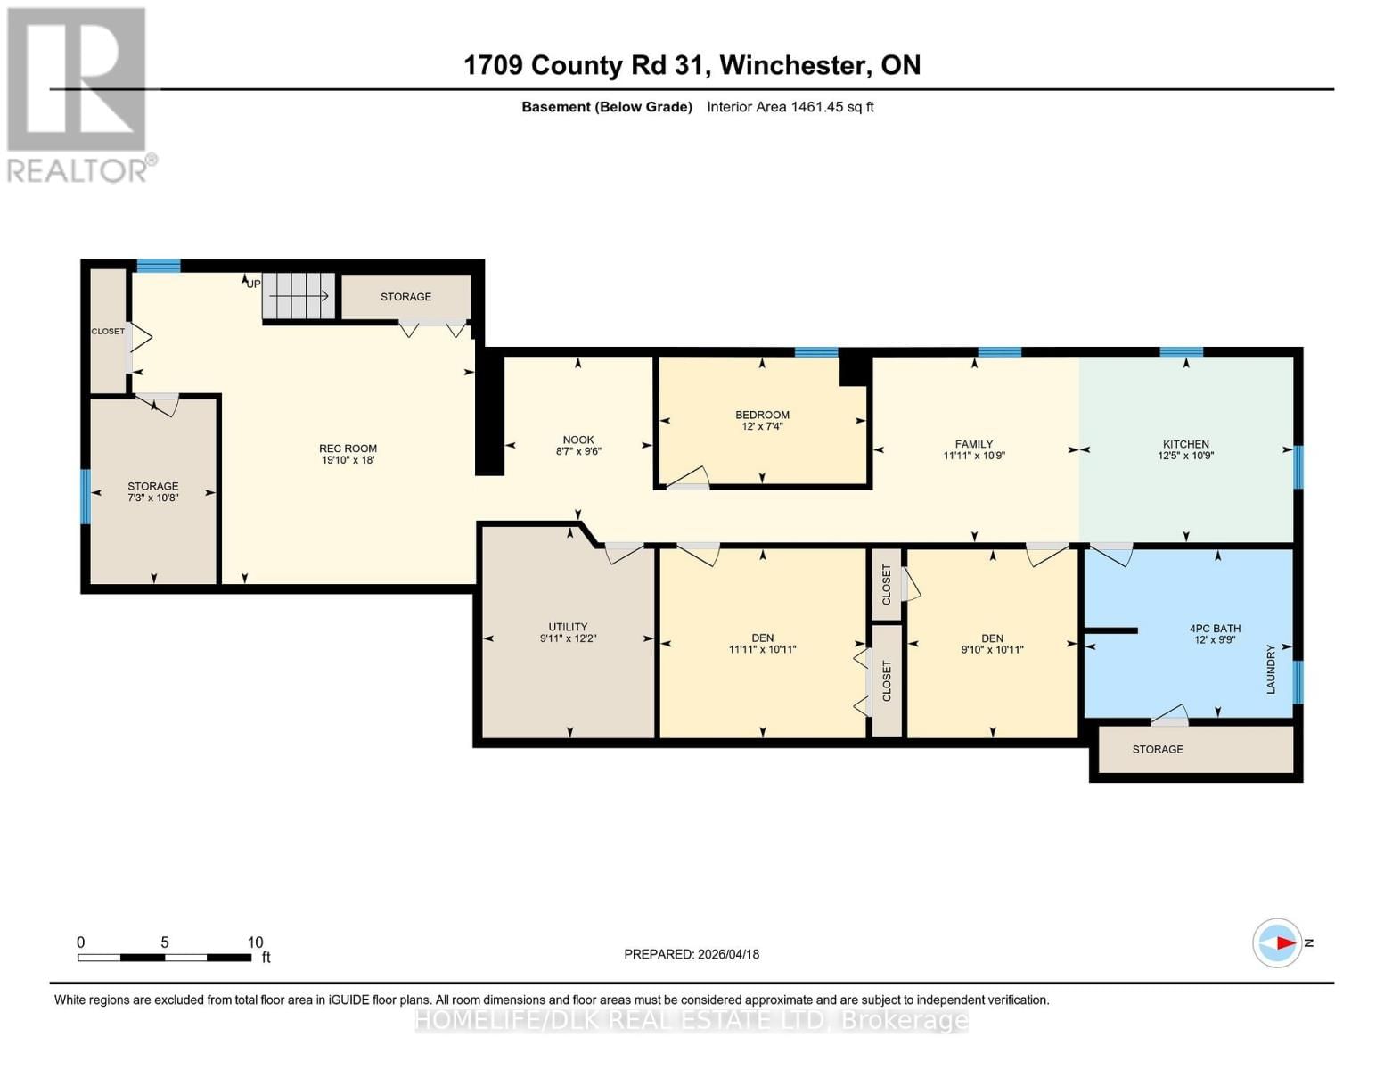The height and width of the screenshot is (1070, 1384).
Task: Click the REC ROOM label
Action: [348, 454]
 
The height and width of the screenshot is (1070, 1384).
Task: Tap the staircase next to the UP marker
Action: [298, 295]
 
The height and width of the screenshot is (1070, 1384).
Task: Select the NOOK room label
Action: [578, 445]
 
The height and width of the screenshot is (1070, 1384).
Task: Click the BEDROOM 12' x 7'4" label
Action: [762, 420]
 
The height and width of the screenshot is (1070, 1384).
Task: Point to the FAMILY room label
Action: [973, 449]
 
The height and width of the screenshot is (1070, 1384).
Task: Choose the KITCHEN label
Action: [1185, 449]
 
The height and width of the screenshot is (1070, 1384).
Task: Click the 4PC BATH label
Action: [1215, 633]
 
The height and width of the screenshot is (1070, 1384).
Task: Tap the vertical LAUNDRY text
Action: [1271, 669]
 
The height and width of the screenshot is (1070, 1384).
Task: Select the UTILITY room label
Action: [568, 632]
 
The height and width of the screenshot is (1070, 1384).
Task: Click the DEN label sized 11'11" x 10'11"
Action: [762, 643]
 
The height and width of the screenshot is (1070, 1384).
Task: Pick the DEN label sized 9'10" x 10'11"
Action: [992, 643]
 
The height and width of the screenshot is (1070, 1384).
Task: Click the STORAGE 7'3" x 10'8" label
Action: [153, 491]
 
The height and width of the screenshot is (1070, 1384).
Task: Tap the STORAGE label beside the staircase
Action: [405, 297]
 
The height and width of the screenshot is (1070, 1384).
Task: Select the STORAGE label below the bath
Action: [1158, 750]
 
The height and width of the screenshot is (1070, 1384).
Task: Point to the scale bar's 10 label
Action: [255, 942]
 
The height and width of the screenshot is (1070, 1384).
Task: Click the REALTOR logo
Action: [78, 95]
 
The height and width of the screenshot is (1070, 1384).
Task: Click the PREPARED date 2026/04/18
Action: [692, 954]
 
